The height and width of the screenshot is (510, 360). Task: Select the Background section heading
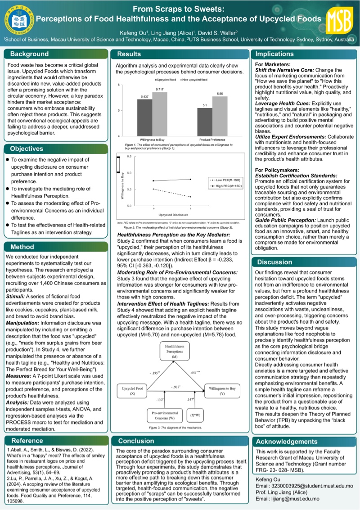pos(29,54)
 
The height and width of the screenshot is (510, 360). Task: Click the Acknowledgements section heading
pos(287,441)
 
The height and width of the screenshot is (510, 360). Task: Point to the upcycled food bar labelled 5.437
pos(144,117)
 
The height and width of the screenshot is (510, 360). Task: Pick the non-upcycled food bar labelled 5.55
pos(220,116)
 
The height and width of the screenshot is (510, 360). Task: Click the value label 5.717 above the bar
pos(160,90)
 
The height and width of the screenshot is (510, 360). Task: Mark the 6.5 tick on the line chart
pos(128,156)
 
